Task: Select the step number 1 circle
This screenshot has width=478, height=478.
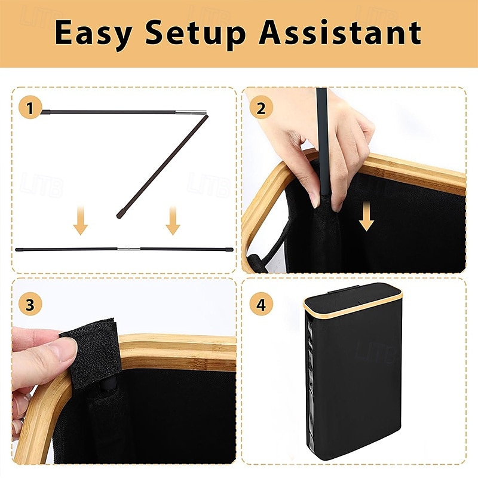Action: pyautogui.click(x=30, y=108)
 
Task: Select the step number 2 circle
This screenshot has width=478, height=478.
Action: pyautogui.click(x=261, y=108)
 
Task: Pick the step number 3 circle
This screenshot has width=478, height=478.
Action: pyautogui.click(x=30, y=304)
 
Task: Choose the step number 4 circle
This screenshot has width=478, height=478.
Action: pyautogui.click(x=261, y=304)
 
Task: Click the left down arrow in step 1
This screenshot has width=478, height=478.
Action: pyautogui.click(x=81, y=220)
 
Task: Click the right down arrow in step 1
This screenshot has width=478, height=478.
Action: pyautogui.click(x=173, y=220)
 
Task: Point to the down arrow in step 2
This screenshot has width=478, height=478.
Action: pyautogui.click(x=366, y=216)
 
